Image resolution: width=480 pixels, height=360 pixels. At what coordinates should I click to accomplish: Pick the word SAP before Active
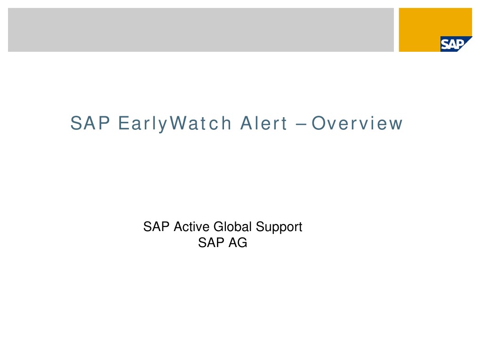coord(157,227)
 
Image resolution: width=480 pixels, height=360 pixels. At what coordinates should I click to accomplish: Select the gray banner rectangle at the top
coord(200,30)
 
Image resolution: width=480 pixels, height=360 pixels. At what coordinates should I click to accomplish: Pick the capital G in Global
coord(218,227)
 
